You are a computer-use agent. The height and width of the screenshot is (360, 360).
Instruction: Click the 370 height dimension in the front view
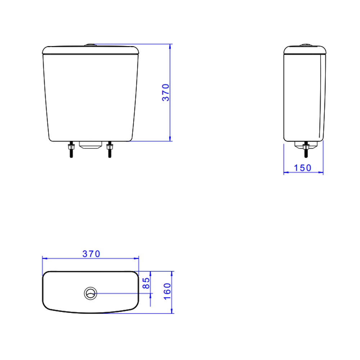pos(166,93)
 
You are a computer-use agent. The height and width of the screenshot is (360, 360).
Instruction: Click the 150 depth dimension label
pos(303,168)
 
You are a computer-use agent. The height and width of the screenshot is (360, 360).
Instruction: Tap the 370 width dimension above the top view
pos(91,254)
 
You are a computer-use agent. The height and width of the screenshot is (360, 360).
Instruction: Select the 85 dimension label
pos(146,283)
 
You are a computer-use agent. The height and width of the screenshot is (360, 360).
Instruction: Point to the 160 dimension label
pos(167,291)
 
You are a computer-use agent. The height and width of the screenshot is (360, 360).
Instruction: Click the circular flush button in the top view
pos(90,293)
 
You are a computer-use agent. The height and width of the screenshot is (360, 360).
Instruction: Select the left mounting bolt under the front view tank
pos(71,149)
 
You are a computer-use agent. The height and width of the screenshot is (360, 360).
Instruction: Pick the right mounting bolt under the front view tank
pos(110,149)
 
